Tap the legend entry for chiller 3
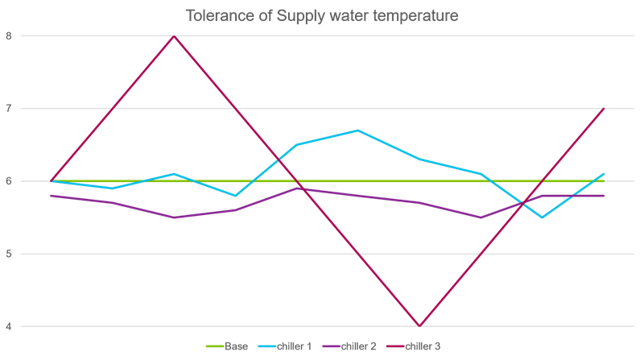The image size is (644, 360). point(423,346)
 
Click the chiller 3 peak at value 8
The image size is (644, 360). point(174,35)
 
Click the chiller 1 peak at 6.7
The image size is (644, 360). point(358,130)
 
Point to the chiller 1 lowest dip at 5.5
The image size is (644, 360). point(542,217)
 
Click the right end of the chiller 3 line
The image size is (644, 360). point(604,109)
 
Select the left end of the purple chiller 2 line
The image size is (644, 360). point(52,196)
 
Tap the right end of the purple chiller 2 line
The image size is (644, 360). point(604,196)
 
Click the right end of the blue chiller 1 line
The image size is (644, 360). point(604,174)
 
